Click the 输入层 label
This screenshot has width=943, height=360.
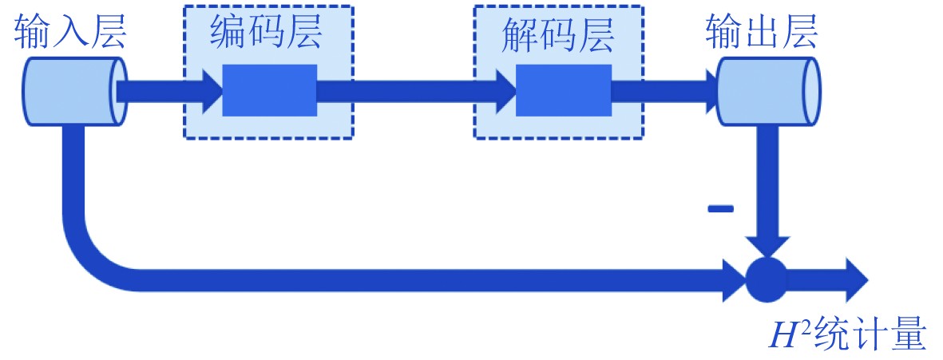point(70,32)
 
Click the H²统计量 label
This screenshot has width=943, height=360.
point(846,335)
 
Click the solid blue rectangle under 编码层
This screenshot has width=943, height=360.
point(269,90)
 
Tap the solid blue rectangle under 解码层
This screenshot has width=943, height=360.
point(563,90)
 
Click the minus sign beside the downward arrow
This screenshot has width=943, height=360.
point(720,209)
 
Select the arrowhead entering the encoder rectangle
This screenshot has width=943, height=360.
point(211,90)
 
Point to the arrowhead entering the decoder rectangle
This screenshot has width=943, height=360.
point(505,90)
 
